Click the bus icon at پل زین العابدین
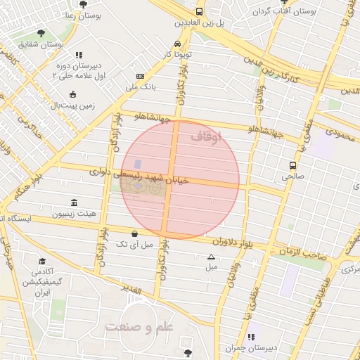[200, 12]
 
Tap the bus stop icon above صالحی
[292, 166]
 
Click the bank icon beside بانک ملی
[141, 76]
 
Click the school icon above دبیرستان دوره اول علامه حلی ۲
[79, 54]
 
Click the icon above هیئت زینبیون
[74, 202]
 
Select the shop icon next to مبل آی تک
[134, 233]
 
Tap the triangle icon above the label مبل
[211, 257]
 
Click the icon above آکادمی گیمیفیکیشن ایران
[37, 259]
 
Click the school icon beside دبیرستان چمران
[251, 337]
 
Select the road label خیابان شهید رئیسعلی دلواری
[141, 176]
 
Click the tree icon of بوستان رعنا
[83, 4]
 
